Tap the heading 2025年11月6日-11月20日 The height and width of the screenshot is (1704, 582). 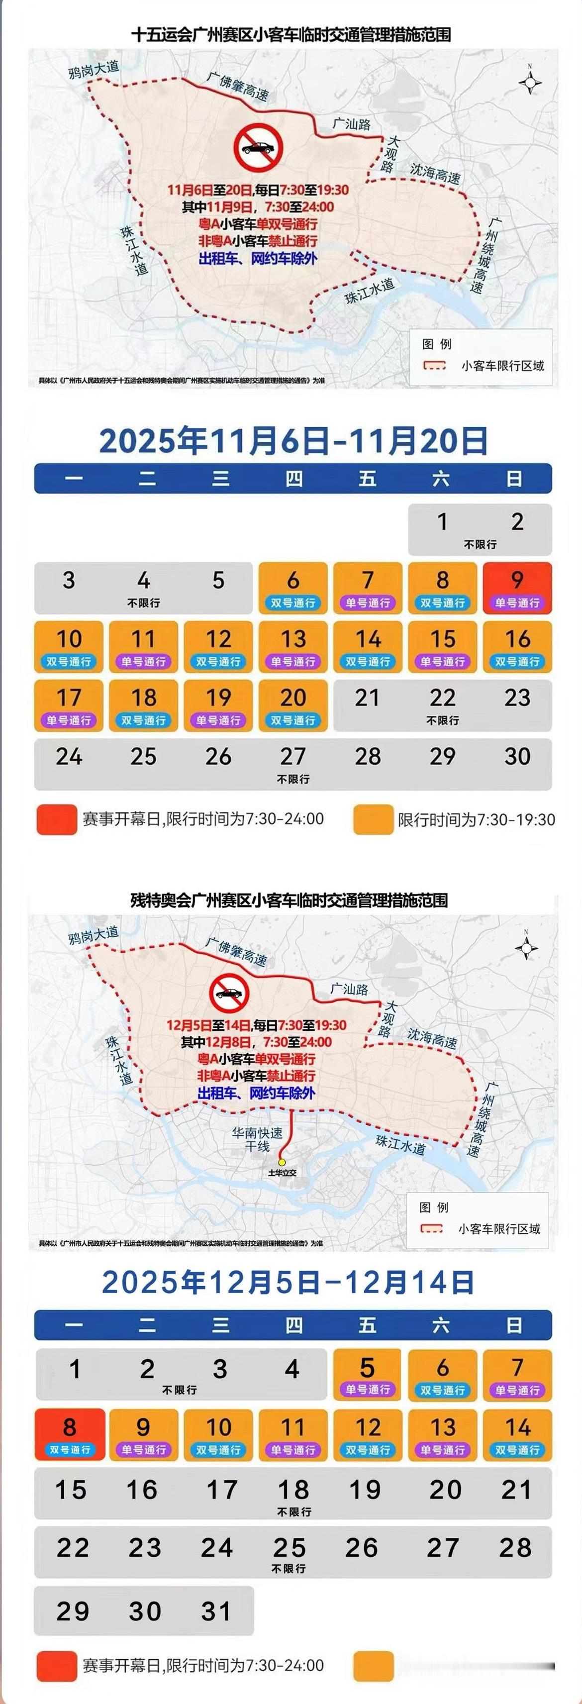tap(293, 441)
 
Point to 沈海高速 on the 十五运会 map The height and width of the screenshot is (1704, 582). tap(435, 173)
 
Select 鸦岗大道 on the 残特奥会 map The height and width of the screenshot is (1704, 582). tap(93, 935)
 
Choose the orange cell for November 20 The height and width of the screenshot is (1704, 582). tap(293, 705)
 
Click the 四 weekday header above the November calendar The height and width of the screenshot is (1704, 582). tap(293, 478)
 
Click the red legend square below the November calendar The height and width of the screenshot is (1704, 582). tap(57, 819)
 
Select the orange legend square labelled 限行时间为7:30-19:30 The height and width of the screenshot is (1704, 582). tap(373, 819)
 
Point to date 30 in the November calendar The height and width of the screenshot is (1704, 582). tap(516, 756)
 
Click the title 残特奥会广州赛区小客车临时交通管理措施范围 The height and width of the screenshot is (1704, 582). tap(289, 900)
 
